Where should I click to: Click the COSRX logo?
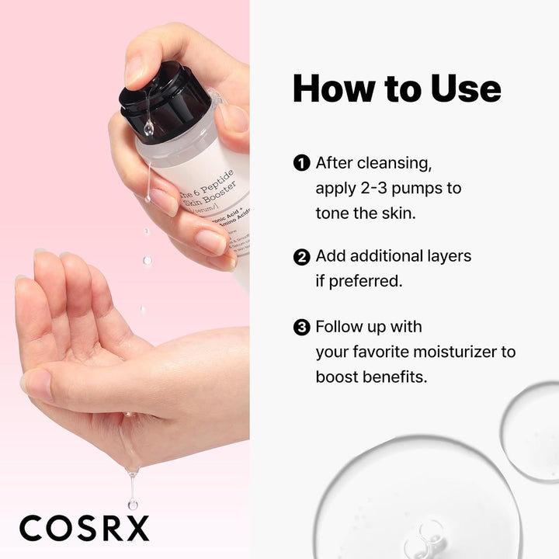pos(84,528)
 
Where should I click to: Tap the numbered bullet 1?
pos(301,163)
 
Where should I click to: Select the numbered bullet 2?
pos(301,256)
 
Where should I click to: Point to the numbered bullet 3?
pos(301,327)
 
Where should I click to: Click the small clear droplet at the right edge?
pos(529,419)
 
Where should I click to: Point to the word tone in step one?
pos(335,212)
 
